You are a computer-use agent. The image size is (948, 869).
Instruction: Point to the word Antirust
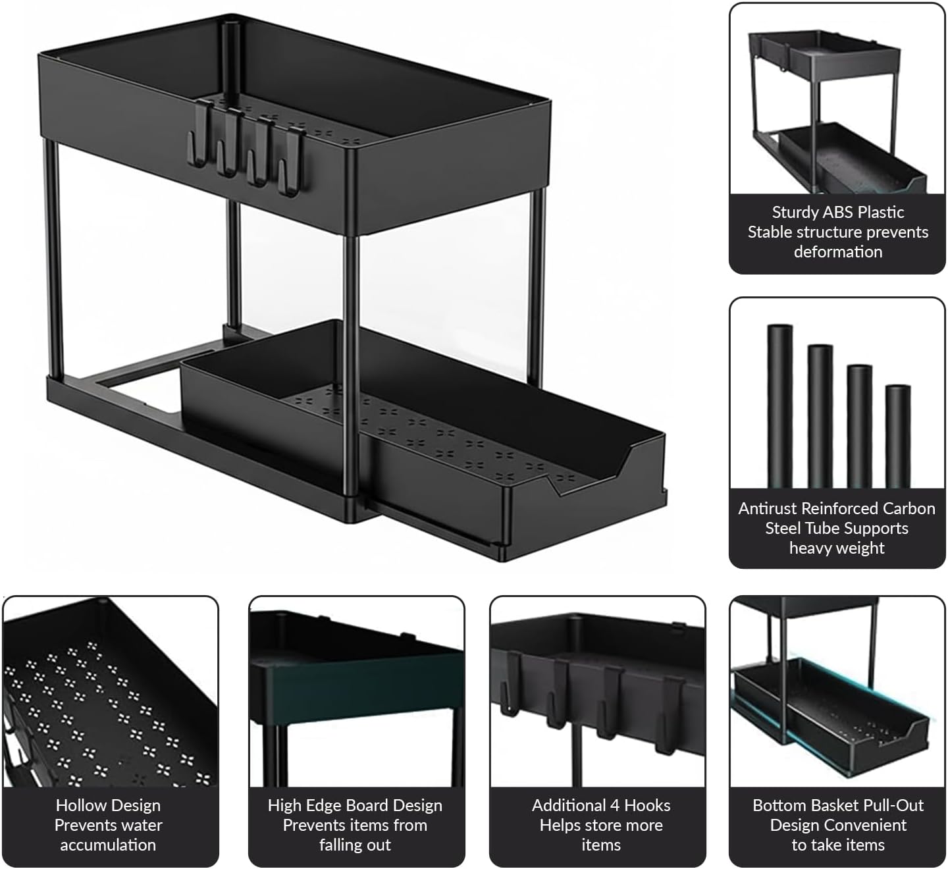click(x=768, y=508)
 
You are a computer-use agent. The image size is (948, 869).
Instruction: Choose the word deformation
click(x=838, y=252)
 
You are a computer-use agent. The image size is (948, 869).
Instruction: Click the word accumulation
click(x=108, y=845)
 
